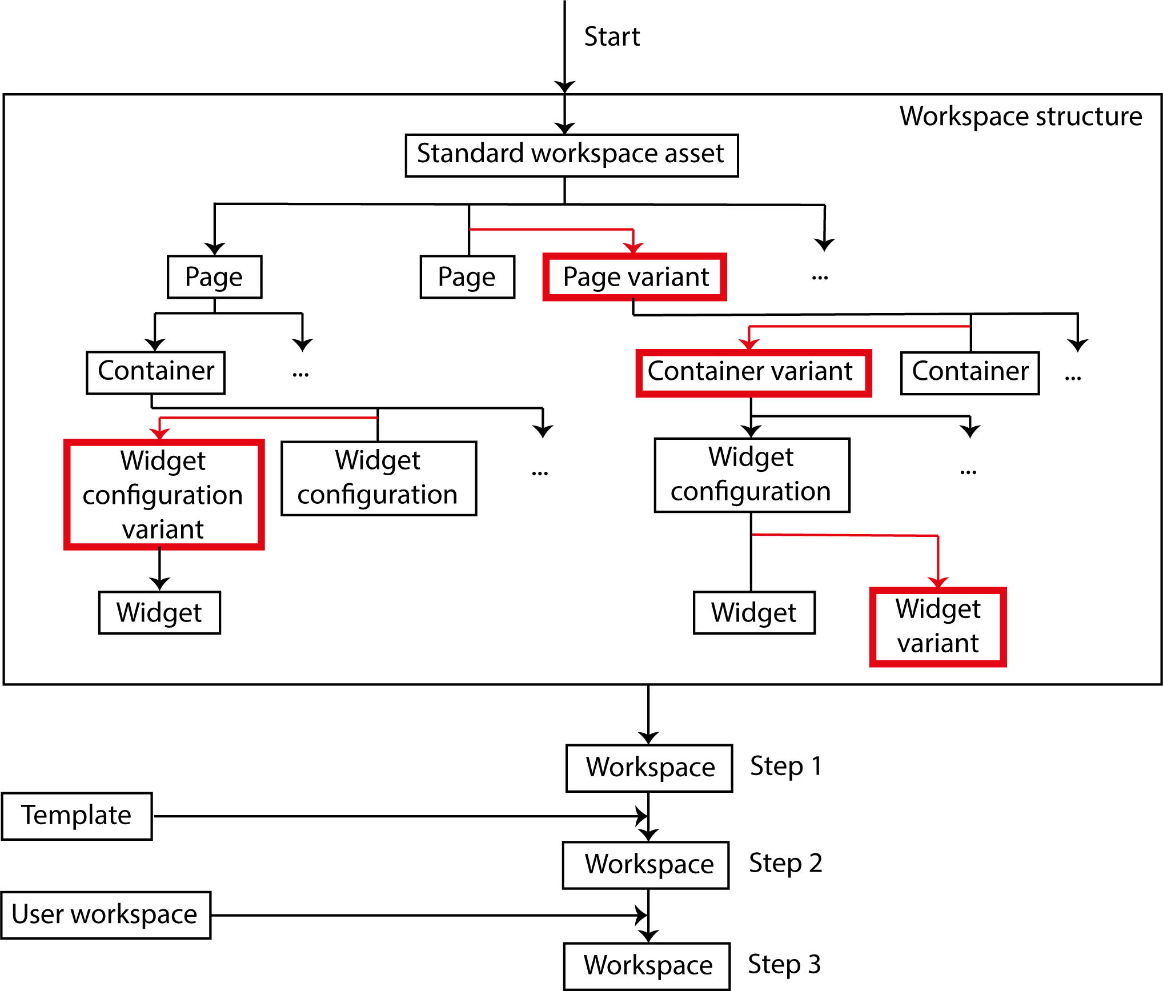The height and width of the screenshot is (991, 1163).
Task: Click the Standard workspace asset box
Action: click(571, 155)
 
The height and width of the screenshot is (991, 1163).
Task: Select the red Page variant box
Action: click(635, 277)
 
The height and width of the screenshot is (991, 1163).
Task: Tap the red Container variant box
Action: click(753, 372)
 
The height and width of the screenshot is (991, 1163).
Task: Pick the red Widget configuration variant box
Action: click(163, 495)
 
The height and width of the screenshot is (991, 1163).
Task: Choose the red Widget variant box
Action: click(937, 627)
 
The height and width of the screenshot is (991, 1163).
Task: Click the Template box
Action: click(77, 816)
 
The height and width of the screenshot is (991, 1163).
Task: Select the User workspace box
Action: click(106, 915)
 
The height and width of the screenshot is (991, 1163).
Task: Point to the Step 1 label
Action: click(785, 767)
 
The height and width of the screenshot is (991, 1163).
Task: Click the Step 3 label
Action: click(784, 965)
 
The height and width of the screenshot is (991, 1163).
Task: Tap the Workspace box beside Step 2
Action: click(645, 865)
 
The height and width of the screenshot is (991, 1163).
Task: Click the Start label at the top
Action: click(612, 37)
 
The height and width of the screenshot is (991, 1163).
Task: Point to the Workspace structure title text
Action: click(1020, 117)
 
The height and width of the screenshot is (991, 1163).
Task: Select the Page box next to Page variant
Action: click(467, 277)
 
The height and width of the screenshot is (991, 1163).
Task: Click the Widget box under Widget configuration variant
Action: click(159, 613)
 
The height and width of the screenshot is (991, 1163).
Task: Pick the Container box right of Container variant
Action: click(969, 372)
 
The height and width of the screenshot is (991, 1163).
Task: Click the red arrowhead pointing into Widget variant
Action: click(938, 581)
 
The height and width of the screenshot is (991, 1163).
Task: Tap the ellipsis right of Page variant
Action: click(820, 278)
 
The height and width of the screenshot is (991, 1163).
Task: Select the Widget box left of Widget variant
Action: click(753, 613)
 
